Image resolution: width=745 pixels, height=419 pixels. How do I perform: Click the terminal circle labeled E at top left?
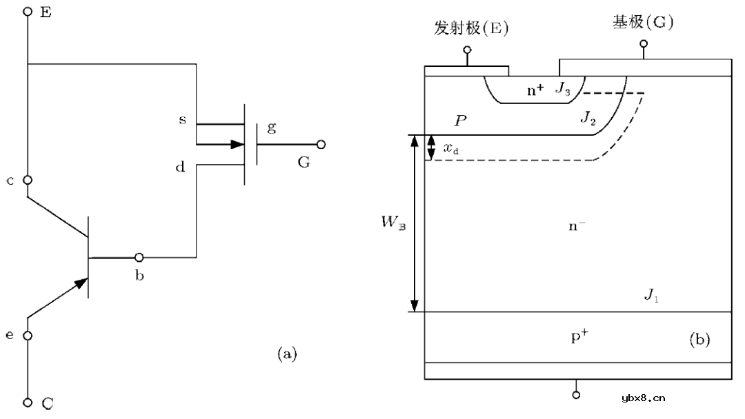pos(28,12)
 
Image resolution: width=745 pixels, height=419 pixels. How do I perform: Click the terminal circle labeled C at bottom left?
pos(28,402)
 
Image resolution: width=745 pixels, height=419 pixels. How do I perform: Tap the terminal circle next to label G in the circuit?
pos(320,145)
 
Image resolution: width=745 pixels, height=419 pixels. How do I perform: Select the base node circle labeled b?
pos(139,258)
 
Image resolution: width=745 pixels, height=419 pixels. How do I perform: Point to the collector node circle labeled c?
pos(28,180)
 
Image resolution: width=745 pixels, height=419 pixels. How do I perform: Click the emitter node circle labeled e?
pos(28,336)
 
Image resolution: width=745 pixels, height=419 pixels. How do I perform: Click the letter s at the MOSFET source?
pos(182,120)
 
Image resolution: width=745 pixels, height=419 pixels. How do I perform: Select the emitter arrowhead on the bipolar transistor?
pos(81,283)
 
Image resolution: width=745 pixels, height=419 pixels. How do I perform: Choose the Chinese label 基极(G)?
pos(643,23)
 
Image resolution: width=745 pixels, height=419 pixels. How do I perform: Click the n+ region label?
pos(535,89)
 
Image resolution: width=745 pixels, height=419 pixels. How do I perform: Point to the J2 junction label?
pos(588,118)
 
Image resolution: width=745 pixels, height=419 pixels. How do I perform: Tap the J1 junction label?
pos(651,296)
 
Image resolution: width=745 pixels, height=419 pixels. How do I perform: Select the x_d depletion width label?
pos(452,148)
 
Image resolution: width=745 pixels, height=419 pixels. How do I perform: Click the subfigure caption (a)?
pos(286,354)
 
